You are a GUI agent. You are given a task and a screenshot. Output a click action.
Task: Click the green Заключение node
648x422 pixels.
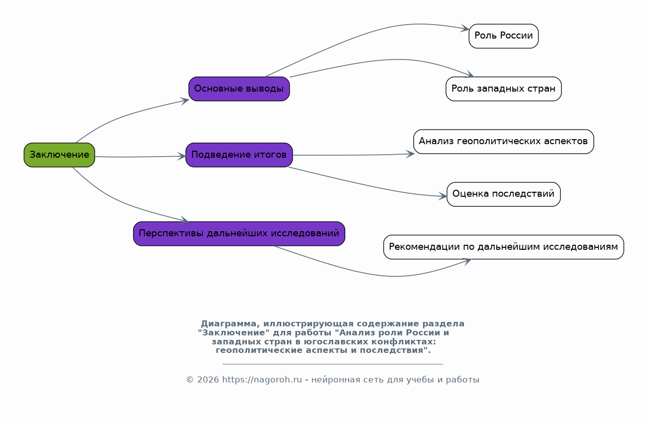[x=60, y=155]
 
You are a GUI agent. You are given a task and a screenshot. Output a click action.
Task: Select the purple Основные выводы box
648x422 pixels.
[x=239, y=89]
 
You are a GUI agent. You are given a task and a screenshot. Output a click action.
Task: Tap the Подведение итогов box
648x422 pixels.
[x=239, y=155]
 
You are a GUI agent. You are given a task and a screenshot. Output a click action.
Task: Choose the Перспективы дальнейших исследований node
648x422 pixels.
[x=239, y=234]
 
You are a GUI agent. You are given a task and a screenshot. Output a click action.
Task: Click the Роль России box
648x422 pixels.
[x=503, y=36]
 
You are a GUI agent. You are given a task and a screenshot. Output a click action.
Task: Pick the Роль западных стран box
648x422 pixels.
[x=503, y=89]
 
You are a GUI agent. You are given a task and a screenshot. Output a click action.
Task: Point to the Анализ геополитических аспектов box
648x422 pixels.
[x=503, y=142]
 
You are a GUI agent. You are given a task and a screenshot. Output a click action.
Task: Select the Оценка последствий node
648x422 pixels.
[x=503, y=194]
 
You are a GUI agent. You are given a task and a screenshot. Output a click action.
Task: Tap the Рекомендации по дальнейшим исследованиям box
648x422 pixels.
[x=503, y=247]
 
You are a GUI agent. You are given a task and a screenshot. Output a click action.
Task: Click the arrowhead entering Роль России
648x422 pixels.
[x=465, y=28]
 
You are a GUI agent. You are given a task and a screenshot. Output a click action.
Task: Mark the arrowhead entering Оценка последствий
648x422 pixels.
[x=443, y=196]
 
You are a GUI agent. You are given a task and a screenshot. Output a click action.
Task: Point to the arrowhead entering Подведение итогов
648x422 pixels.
[x=182, y=156]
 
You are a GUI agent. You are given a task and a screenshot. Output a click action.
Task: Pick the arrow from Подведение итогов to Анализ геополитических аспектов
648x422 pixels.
[x=353, y=155]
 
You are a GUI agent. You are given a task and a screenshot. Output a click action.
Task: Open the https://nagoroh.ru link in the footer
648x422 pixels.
[x=262, y=379]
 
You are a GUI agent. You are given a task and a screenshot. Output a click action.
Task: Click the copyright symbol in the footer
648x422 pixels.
[x=190, y=380]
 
